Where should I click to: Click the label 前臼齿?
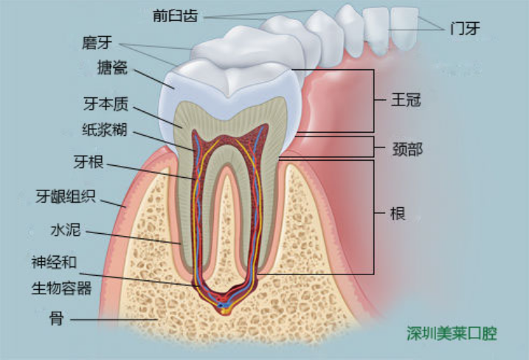coord(175,15)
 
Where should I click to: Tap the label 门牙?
coord(465,28)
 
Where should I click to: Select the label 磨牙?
coord(97,43)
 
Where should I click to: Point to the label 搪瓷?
coord(112,67)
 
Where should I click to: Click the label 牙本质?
coord(106,104)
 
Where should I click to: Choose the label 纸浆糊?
coord(105,130)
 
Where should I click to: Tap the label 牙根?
coord(89,162)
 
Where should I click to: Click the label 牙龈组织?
coord(66,196)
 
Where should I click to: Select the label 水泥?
coord(66,230)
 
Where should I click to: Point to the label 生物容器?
coord(62,288)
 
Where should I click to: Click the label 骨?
coord(57,318)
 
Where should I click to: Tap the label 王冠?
coord(406,100)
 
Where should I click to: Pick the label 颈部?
coord(407,149)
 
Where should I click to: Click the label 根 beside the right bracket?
coord(398,213)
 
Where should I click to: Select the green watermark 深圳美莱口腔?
coord(452,333)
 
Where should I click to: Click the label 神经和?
coord(55,262)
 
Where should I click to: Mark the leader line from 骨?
coord(114,319)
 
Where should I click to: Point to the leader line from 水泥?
coord(134,238)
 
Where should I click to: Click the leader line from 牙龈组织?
coord(114,204)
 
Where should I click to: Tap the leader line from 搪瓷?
coord(154,79)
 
